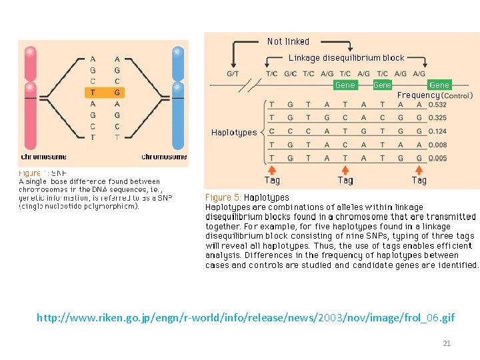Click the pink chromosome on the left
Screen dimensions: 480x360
[x=30, y=100]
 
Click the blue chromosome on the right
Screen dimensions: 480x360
[x=177, y=100]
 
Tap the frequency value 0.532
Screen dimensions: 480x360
[x=438, y=105]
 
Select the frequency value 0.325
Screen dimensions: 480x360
[x=438, y=118]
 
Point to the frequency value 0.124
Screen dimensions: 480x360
[x=438, y=131]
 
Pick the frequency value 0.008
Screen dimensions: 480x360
[x=438, y=145]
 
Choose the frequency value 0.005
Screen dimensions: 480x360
[x=438, y=158]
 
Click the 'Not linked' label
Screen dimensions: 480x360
[x=288, y=41]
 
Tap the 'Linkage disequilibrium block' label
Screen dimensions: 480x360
[x=346, y=58]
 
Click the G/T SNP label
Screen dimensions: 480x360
[x=233, y=73]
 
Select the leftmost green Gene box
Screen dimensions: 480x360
[x=345, y=85]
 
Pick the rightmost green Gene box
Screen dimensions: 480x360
[x=439, y=85]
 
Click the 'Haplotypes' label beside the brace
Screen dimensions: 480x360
[x=234, y=133]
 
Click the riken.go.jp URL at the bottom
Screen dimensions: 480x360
[x=245, y=317]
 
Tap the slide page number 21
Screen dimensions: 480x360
[x=447, y=343]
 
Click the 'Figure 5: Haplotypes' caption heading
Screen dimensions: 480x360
[x=247, y=197]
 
